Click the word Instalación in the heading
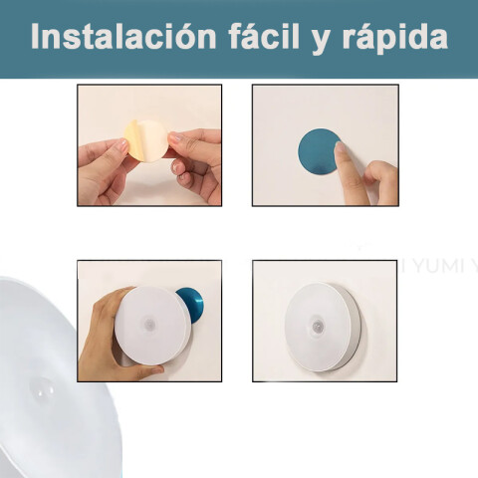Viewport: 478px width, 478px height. [123, 36]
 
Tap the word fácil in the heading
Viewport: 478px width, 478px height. [264, 36]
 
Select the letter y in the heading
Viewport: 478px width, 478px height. [321, 41]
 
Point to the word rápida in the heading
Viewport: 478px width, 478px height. [395, 37]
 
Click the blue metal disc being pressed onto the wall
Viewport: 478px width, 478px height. [318, 151]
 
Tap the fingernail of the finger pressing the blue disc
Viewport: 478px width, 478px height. [339, 147]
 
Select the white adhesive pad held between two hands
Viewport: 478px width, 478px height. [151, 141]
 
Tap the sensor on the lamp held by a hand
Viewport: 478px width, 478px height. [149, 324]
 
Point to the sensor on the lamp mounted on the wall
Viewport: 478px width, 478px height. [317, 325]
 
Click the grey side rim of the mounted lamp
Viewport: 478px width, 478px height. [352, 329]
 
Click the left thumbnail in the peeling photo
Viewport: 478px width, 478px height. [123, 145]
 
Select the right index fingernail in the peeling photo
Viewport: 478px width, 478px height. [175, 137]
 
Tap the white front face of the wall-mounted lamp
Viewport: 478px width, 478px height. [317, 327]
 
